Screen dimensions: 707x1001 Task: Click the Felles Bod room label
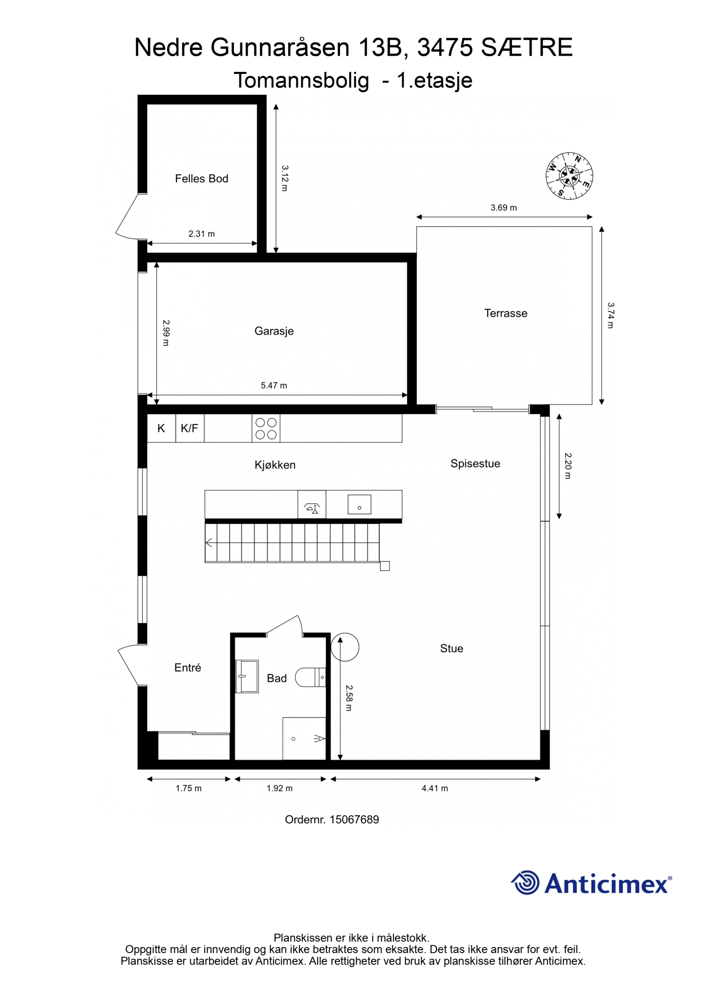pos(201,179)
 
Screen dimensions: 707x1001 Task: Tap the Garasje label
pos(274,331)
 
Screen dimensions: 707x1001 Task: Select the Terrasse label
pos(506,313)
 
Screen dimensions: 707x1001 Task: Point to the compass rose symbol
pos(569,176)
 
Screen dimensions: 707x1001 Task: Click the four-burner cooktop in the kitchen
pos(266,428)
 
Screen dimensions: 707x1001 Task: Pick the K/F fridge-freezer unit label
pos(190,429)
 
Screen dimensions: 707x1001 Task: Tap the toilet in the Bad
pos(311,677)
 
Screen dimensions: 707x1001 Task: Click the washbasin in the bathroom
pos(247,676)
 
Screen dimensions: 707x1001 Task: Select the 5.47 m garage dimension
pos(274,386)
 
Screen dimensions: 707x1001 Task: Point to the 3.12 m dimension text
pos(285,178)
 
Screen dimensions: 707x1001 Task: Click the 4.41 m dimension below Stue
pos(435,788)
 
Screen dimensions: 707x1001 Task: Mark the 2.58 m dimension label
pos(349,698)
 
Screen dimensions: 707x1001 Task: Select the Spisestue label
pos(475,464)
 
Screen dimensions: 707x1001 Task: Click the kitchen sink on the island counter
pos(360,504)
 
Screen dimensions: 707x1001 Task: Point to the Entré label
pos(188,668)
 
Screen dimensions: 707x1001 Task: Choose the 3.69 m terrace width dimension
pos(504,208)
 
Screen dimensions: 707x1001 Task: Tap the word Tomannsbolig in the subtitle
pos(301,81)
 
